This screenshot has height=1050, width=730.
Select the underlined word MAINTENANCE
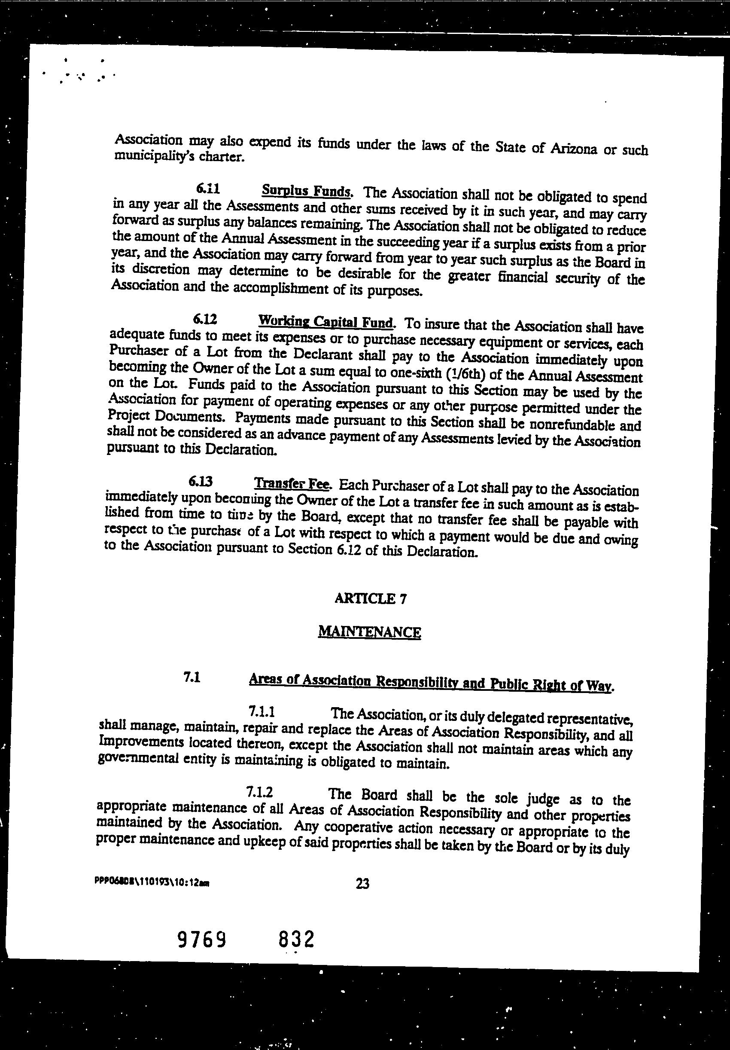tap(369, 632)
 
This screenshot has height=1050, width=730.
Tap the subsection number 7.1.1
tap(261, 711)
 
